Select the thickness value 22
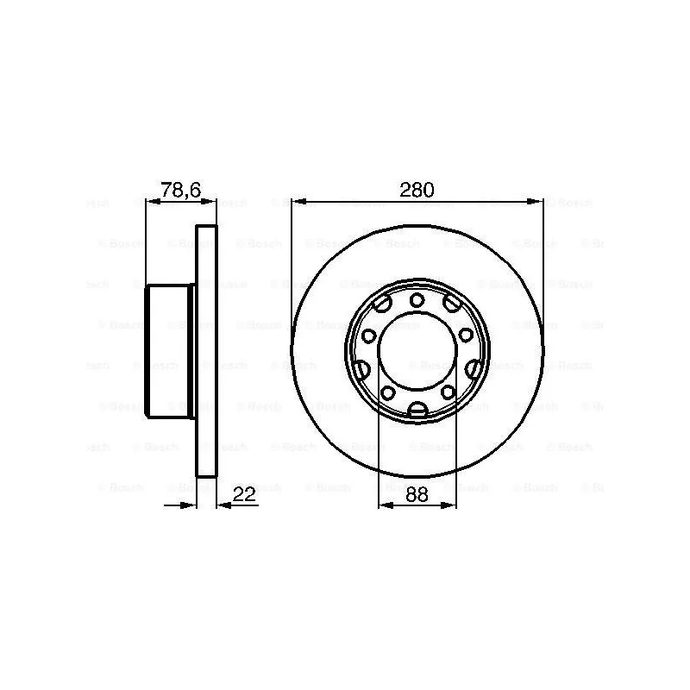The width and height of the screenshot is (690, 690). point(246,494)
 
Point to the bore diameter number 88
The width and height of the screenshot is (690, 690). point(417,494)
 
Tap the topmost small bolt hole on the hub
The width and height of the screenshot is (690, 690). point(417,300)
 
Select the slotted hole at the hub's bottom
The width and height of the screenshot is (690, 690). point(417,411)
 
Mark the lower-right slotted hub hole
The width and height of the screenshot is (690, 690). point(474,369)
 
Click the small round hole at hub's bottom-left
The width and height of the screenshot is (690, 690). point(387,392)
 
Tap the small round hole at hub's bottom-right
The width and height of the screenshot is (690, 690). point(447,392)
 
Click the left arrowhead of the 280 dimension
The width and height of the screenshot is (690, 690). point(298,202)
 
